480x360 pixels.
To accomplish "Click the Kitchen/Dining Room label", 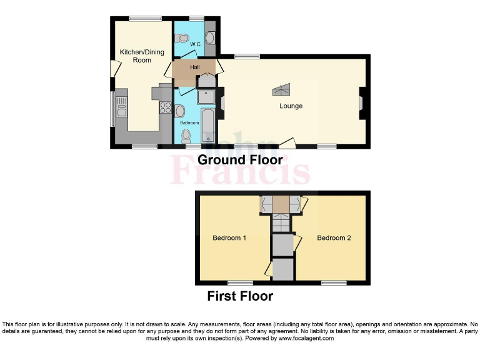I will coord(142,56).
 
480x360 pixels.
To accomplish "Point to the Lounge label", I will coord(291,106).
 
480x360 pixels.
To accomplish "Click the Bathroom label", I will coord(189,123).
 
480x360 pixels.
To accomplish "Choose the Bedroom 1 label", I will coord(229,238).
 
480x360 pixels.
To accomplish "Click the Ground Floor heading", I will coord(240,160).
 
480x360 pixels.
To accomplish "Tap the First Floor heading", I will coord(240,296).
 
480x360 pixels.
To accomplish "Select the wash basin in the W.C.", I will coord(210,37).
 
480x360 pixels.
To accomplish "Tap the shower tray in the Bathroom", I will coord(206,97).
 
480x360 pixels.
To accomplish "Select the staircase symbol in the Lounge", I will coord(281,90).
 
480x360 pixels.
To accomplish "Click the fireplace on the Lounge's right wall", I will coord(361,103).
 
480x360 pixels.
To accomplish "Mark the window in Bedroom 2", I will coord(334,282).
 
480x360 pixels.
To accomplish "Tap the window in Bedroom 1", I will coord(239,282).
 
